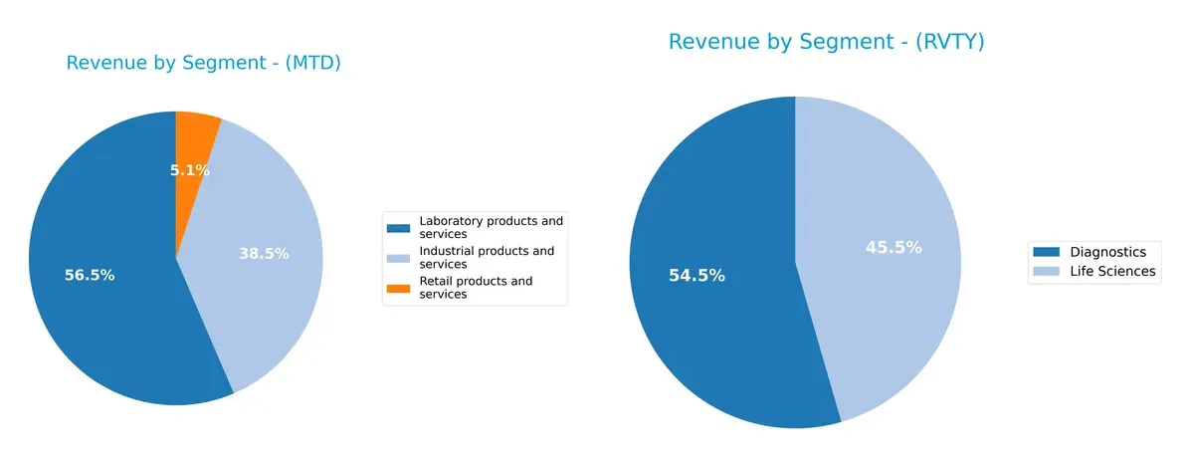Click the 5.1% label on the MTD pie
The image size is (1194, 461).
[189, 170]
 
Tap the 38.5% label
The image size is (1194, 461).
[264, 254]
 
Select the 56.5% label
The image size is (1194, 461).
[90, 276]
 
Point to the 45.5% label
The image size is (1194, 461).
[893, 248]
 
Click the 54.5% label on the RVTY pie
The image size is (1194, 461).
[696, 276]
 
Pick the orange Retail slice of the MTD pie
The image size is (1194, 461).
[197, 134]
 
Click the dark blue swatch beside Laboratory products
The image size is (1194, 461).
[398, 227]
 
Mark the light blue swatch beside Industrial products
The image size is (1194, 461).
[398, 258]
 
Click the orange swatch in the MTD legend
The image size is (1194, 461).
[398, 289]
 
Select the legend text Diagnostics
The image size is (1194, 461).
[1107, 252]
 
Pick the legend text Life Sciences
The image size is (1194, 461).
[1112, 271]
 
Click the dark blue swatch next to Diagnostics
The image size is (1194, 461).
[1047, 252]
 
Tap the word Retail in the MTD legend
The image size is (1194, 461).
[438, 282]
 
